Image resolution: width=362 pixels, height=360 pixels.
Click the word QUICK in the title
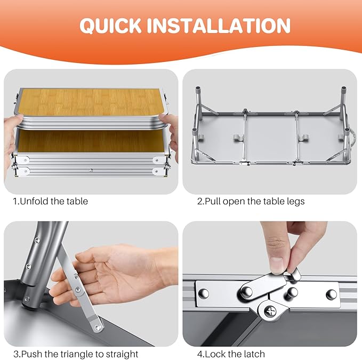110,26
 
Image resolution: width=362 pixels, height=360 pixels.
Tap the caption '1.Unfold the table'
50,202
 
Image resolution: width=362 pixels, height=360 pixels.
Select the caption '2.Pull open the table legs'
251,202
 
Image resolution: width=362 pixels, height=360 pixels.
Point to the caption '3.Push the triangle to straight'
76,354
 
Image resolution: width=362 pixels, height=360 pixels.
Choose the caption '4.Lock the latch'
231,354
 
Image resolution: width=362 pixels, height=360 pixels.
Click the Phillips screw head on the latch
270,312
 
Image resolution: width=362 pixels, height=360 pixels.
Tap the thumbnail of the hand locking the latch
270,284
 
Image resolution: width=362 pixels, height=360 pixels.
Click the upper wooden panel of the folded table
90,102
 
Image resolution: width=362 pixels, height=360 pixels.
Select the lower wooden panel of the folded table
91,141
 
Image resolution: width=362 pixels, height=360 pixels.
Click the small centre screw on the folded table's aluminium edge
91,171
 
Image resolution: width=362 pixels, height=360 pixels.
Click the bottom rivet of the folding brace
98,327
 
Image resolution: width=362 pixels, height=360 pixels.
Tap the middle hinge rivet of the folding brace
78,290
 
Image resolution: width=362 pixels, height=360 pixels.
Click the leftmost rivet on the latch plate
204,293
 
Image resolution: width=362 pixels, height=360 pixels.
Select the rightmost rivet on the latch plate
331,294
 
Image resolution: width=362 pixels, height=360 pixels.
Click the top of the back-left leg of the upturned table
198,89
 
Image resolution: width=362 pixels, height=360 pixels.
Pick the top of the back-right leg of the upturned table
344,89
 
